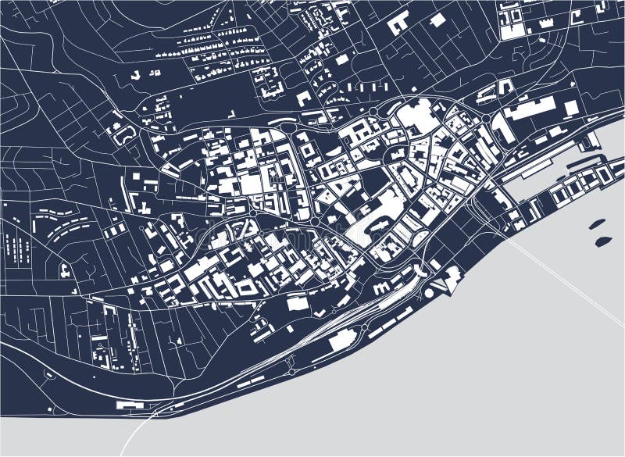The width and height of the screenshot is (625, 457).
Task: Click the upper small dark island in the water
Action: pos(598,224)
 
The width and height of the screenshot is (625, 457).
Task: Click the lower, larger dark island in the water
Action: pos(603,241)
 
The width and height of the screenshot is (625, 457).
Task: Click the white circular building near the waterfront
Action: pos(428,292)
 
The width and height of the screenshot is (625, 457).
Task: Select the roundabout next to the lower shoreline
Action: pos(364,327)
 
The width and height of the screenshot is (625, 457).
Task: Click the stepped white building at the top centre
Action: pos(398,23)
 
